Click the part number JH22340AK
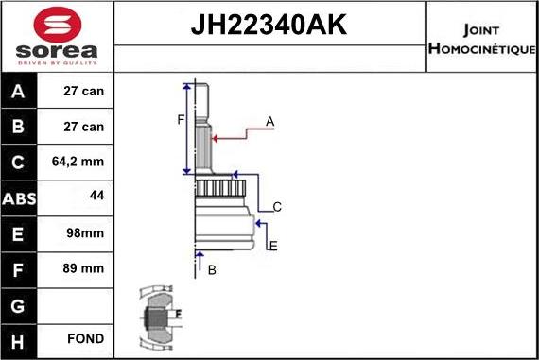[x=269, y=25]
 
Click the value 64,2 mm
[x=78, y=163]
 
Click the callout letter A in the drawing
[x=269, y=122]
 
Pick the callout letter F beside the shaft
[x=180, y=119]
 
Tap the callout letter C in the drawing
[x=277, y=207]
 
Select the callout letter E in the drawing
[x=273, y=247]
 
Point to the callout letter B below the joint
[x=212, y=270]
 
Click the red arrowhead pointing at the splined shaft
[x=216, y=138]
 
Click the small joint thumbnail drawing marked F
[x=158, y=314]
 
